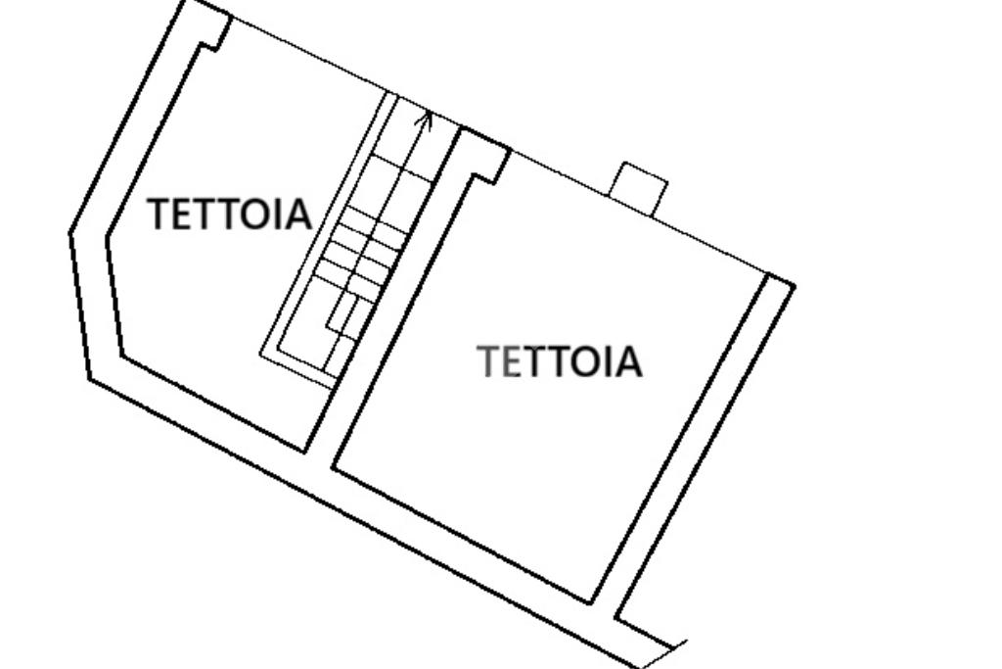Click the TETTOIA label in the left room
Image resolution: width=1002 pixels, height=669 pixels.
(230, 214)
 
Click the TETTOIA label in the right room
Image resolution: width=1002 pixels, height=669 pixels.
(560, 361)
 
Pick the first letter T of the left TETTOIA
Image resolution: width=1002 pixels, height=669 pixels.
(159, 214)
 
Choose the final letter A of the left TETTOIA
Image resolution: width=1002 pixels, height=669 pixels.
(298, 214)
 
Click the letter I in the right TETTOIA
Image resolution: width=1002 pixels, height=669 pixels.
(608, 361)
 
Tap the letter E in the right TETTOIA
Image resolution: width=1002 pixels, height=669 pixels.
(513, 361)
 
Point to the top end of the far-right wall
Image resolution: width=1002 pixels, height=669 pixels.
(779, 283)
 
